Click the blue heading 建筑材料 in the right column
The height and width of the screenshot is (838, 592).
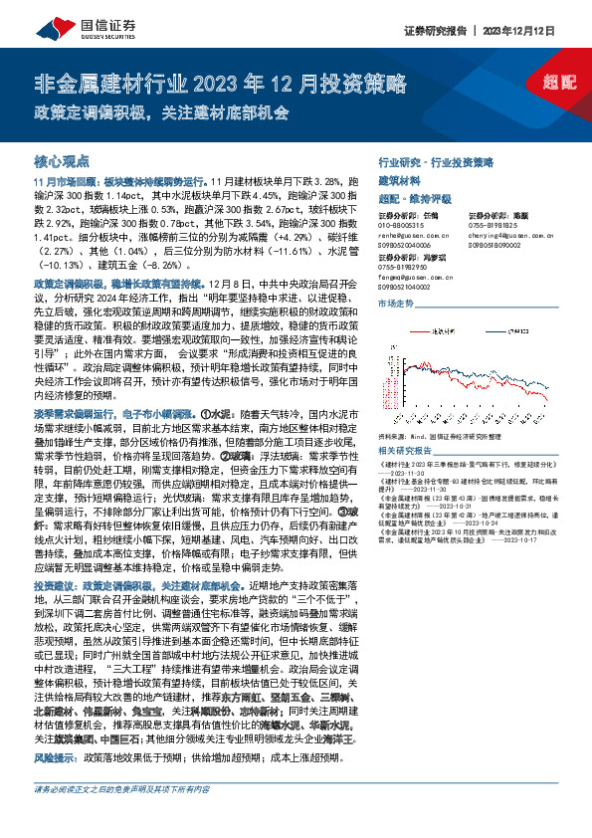click(x=400, y=181)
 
